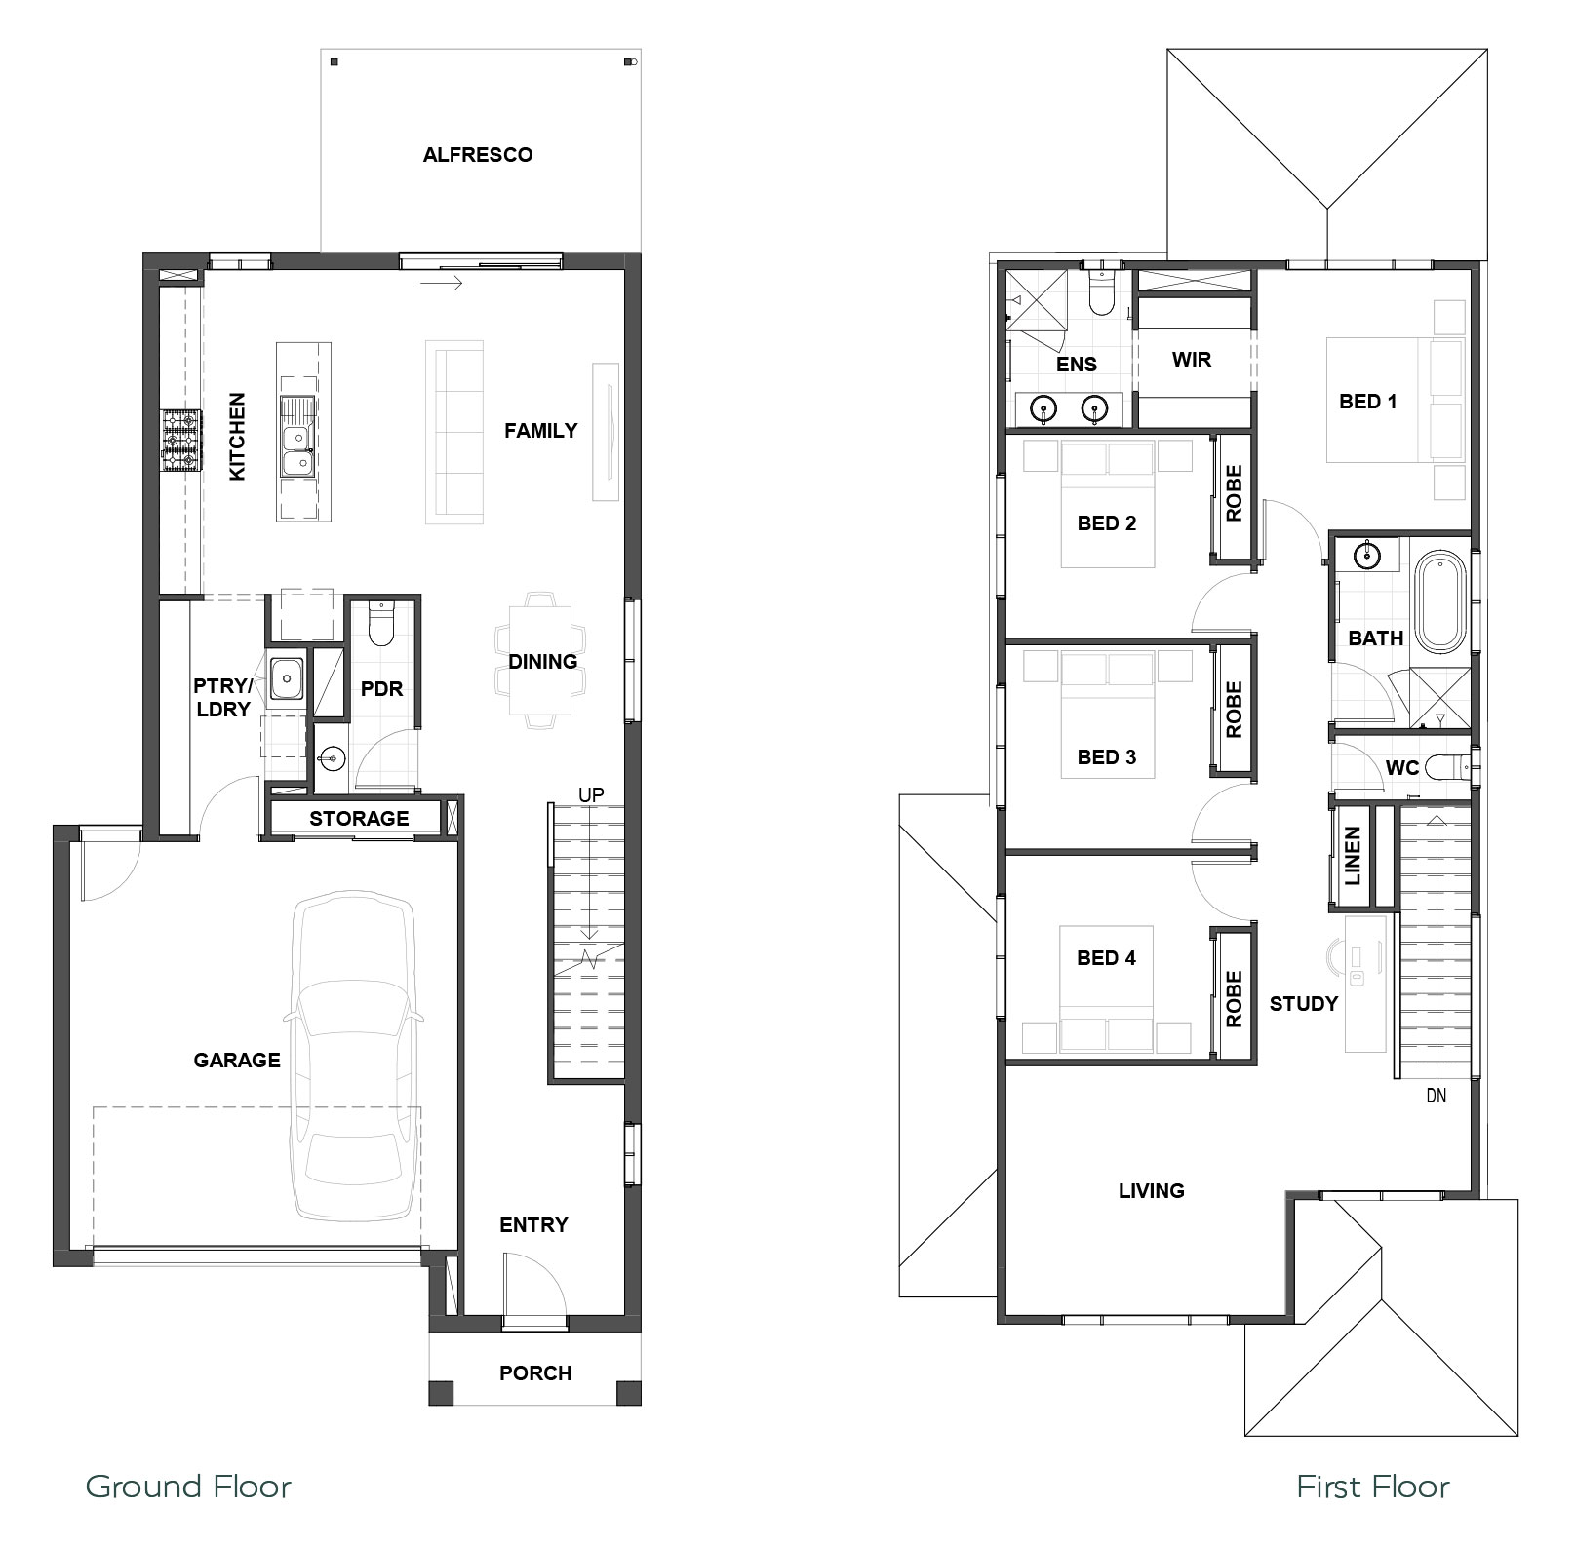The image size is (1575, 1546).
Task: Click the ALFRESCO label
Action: coord(478,155)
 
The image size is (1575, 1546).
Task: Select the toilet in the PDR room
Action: coord(380,624)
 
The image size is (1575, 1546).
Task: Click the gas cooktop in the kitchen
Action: coord(181,442)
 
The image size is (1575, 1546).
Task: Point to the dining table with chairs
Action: coord(541,660)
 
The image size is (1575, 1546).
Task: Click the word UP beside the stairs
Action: coord(591,795)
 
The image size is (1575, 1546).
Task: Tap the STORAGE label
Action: coord(359,819)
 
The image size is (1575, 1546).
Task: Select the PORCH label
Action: coord(535,1373)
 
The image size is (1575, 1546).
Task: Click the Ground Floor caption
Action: coord(188,1487)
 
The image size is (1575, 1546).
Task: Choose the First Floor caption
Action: coord(1372,1487)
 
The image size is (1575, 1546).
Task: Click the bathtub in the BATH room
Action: coord(1440,602)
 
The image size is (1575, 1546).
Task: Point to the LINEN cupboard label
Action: coord(1353,856)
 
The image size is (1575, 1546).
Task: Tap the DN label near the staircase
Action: coord(1436,1096)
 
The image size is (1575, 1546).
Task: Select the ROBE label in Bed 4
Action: coord(1234,998)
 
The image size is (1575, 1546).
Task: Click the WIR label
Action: coord(1192,360)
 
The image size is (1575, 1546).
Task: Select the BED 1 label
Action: coord(1367,402)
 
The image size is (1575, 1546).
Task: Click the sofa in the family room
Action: coord(454,432)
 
